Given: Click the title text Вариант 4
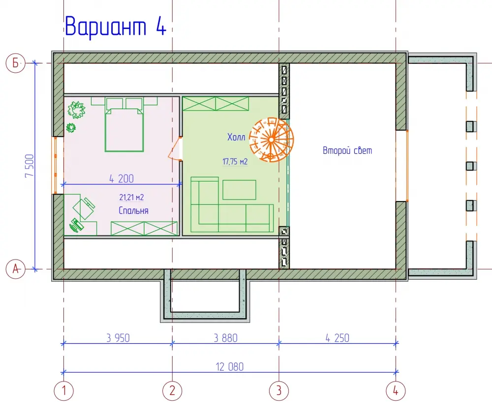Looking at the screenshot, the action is (116, 27).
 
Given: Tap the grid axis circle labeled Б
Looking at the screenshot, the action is (15, 63).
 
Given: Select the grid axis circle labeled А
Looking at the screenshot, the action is (15, 269).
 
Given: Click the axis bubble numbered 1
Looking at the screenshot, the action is (63, 391).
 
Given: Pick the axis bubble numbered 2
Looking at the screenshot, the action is (172, 391).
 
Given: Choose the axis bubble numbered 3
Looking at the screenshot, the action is (279, 391).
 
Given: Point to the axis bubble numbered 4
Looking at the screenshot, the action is (396, 391).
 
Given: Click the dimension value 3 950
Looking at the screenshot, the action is (118, 338).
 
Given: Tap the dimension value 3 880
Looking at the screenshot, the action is (226, 338).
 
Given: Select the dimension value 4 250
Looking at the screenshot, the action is (338, 338).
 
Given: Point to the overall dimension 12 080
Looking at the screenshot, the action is (230, 367).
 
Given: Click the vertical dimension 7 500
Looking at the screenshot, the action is (29, 166).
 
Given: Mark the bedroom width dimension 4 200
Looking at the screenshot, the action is (122, 178).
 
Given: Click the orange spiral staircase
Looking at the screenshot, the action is (272, 140).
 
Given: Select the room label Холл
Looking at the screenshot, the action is (236, 137).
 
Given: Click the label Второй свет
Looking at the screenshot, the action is (347, 150).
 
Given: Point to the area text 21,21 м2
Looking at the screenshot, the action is (131, 197).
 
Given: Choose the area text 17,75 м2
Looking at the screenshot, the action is (235, 161).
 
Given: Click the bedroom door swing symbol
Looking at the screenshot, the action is (175, 149).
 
